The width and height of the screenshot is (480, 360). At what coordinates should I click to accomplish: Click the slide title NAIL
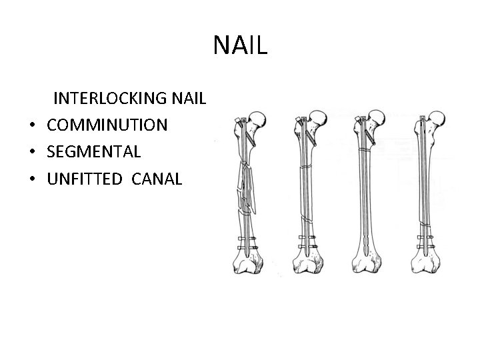point(240,45)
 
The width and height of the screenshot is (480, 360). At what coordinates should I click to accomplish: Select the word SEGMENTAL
point(93,152)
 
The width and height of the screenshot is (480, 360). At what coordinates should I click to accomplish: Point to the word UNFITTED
point(85,178)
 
